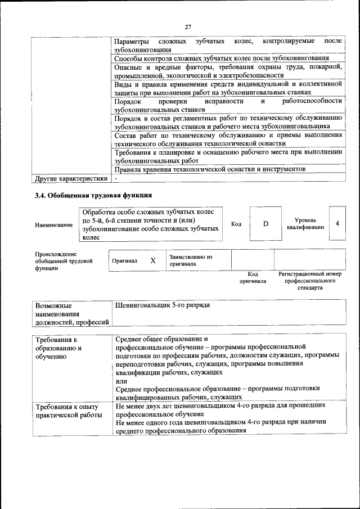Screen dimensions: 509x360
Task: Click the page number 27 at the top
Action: [x=188, y=26]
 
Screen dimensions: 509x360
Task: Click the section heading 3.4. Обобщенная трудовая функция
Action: [x=93, y=196]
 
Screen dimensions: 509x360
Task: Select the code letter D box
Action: [x=265, y=224]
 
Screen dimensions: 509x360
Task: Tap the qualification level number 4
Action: [x=337, y=224]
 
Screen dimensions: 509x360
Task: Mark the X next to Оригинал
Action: [x=152, y=260]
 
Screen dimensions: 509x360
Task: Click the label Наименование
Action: [x=54, y=225]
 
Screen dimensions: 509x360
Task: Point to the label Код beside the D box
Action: [x=236, y=224]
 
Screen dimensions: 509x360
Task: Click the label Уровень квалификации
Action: [x=305, y=224]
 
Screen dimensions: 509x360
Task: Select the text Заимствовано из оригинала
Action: [x=191, y=260]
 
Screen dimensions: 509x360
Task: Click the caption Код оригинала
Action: [x=253, y=277]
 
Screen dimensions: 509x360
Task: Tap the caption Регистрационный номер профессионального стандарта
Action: [x=310, y=281]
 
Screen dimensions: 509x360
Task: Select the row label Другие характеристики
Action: [x=70, y=179]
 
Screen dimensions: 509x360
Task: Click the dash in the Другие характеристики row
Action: [x=116, y=179]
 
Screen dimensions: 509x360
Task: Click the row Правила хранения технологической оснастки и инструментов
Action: [x=209, y=169]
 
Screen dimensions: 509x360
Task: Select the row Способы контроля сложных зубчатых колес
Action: [x=221, y=58]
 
